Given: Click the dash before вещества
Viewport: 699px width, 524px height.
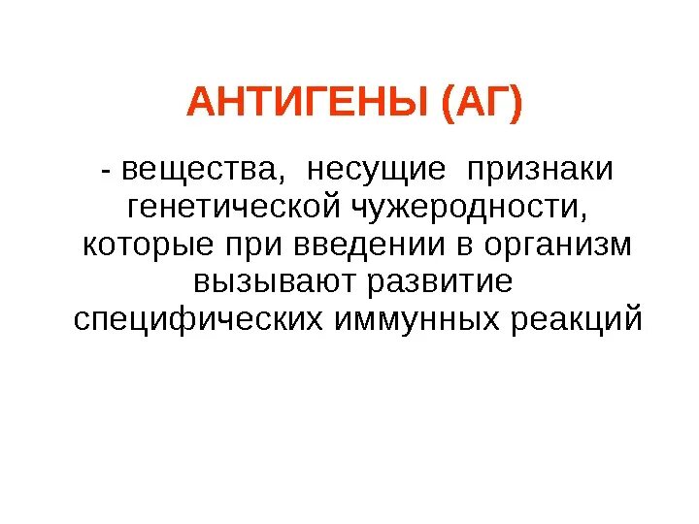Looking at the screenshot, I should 104,171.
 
